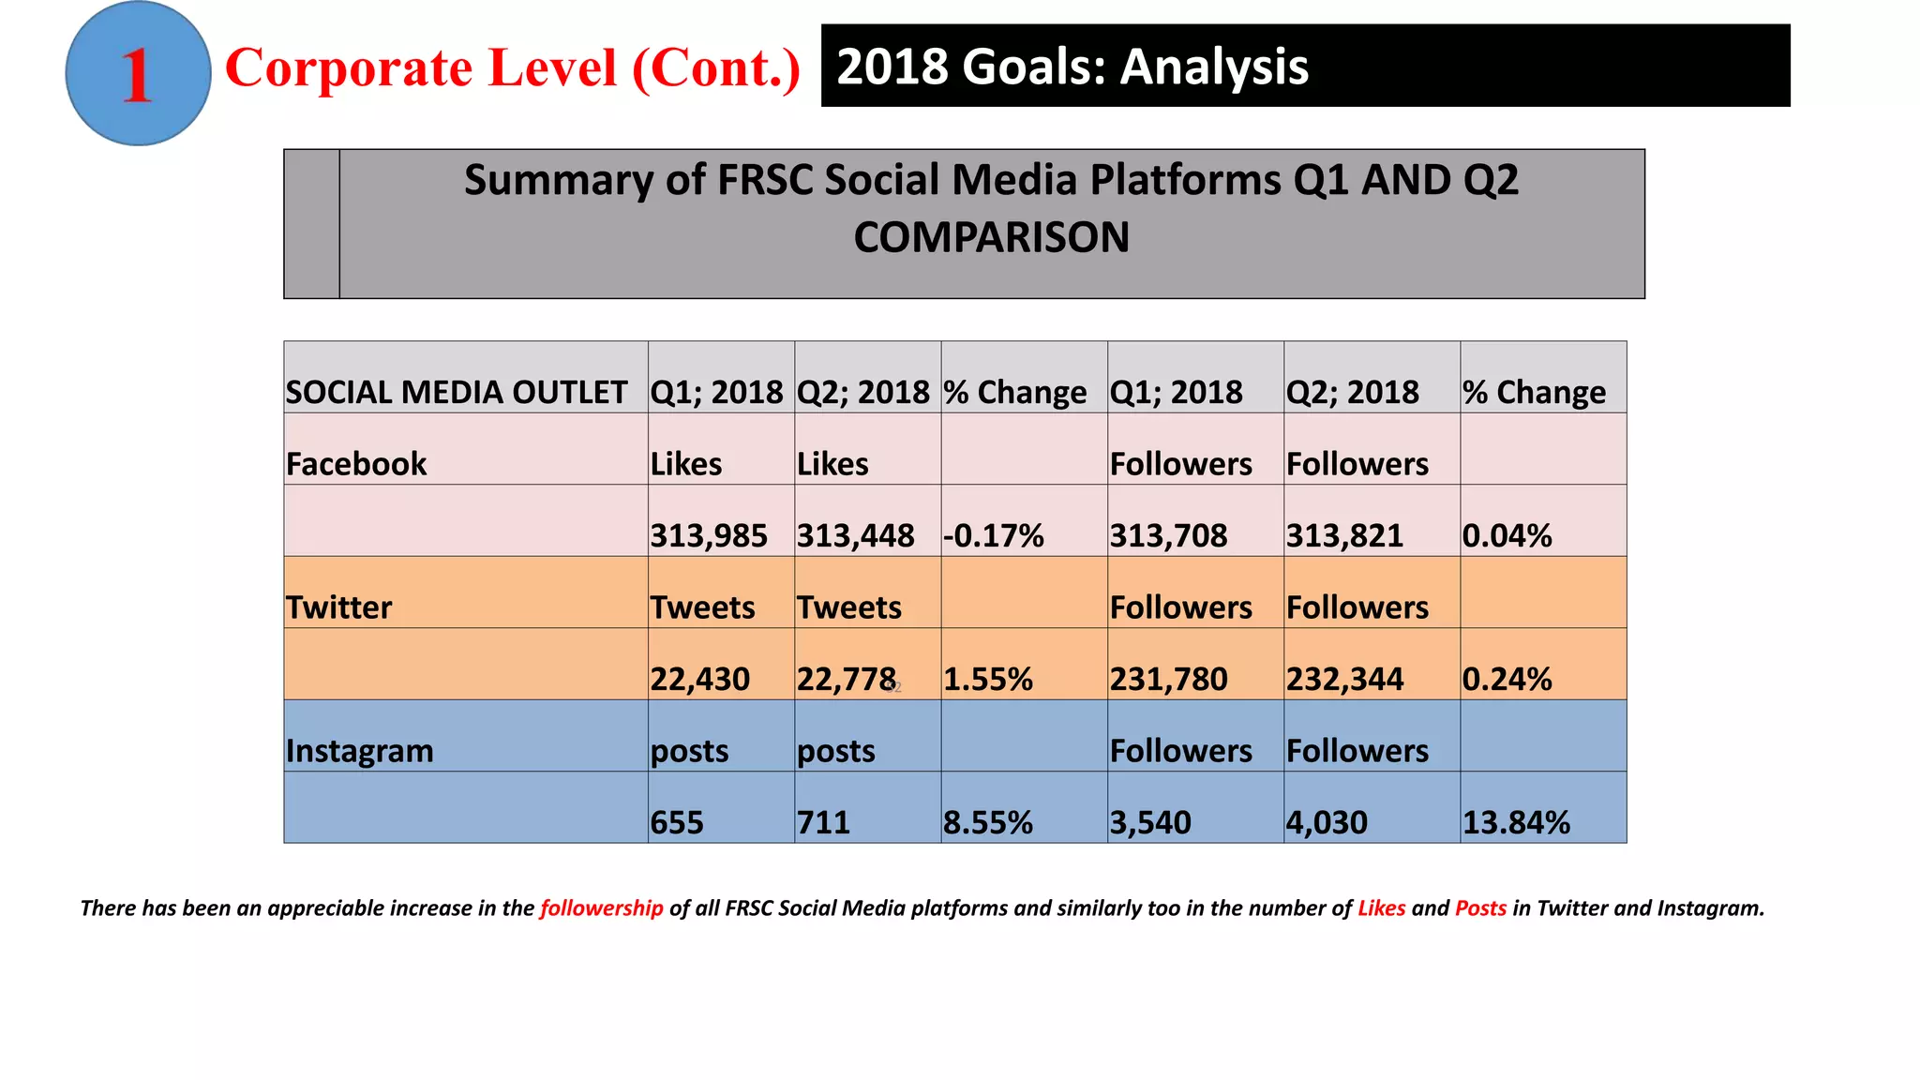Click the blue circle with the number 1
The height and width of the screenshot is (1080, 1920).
pyautogui.click(x=138, y=74)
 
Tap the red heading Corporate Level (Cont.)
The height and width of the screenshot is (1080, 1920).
pyautogui.click(x=513, y=68)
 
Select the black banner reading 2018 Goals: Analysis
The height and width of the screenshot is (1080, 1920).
pyautogui.click(x=1304, y=66)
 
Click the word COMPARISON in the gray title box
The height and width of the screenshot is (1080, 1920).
pyautogui.click(x=991, y=237)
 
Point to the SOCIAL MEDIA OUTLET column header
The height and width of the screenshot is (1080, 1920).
pyautogui.click(x=457, y=392)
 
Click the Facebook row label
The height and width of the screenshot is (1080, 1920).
pyautogui.click(x=356, y=464)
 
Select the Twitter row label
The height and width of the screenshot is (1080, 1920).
pyautogui.click(x=338, y=607)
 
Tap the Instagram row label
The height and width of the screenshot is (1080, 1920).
pyautogui.click(x=360, y=751)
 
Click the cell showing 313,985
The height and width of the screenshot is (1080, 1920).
pyautogui.click(x=709, y=535)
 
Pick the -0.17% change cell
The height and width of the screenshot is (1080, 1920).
pyautogui.click(x=993, y=535)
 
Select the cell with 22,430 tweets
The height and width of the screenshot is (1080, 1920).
pyautogui.click(x=700, y=679)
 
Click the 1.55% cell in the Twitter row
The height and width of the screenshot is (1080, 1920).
pyautogui.click(x=987, y=679)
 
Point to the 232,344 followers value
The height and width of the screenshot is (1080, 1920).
pyautogui.click(x=1344, y=679)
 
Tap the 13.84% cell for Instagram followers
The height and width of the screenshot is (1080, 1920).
pyautogui.click(x=1516, y=822)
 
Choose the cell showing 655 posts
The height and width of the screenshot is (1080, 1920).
pyautogui.click(x=677, y=822)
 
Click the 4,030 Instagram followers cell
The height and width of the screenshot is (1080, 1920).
pyautogui.click(x=1327, y=822)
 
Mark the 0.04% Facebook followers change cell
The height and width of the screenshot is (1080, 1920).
pyautogui.click(x=1507, y=535)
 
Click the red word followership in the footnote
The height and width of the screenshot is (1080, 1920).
pyautogui.click(x=601, y=907)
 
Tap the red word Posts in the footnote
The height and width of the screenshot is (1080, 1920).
pyautogui.click(x=1480, y=907)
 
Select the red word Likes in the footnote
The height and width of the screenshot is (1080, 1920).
pyautogui.click(x=1381, y=907)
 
